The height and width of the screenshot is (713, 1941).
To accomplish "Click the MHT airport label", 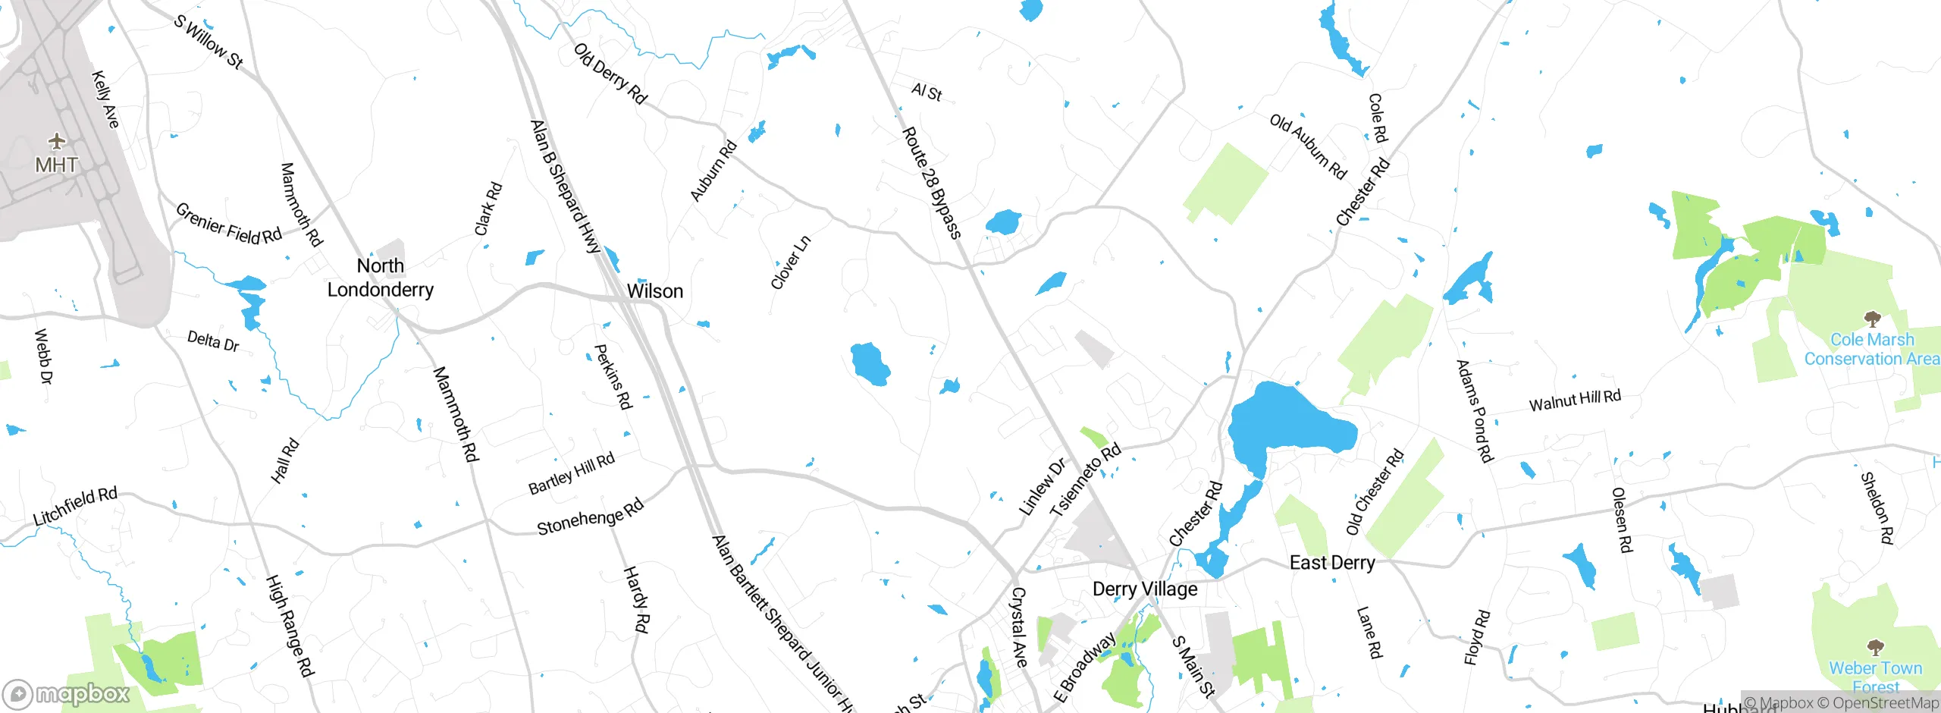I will (x=56, y=165).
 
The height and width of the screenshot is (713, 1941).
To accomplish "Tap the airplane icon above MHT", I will (x=57, y=141).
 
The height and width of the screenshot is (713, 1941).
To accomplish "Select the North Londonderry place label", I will (x=381, y=278).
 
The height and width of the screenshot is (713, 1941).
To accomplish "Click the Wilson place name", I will (x=655, y=291).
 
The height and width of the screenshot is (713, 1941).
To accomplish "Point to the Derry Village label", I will (x=1145, y=589).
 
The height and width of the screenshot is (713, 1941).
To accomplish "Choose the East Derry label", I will (x=1332, y=563).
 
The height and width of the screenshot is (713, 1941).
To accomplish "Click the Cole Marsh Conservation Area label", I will (x=1871, y=350).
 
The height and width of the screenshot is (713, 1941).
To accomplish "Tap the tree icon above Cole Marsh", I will (x=1873, y=319).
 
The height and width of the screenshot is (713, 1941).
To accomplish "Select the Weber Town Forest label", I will (x=1876, y=677).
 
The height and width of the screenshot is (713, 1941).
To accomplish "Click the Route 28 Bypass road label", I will (x=932, y=183).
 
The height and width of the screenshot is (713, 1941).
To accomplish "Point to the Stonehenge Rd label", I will (x=591, y=517).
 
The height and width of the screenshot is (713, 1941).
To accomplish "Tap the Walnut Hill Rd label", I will (x=1575, y=400).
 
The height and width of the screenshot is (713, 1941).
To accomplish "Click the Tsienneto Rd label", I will (x=1085, y=481).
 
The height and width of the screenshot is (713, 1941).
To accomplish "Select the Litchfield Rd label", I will (x=75, y=507).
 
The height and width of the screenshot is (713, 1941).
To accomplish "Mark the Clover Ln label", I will (x=791, y=262).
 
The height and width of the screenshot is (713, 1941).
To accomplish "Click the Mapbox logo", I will (x=67, y=693).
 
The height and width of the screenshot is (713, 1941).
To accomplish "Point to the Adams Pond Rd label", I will (x=1475, y=411).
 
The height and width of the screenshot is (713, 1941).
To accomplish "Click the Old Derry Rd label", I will (x=610, y=74).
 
